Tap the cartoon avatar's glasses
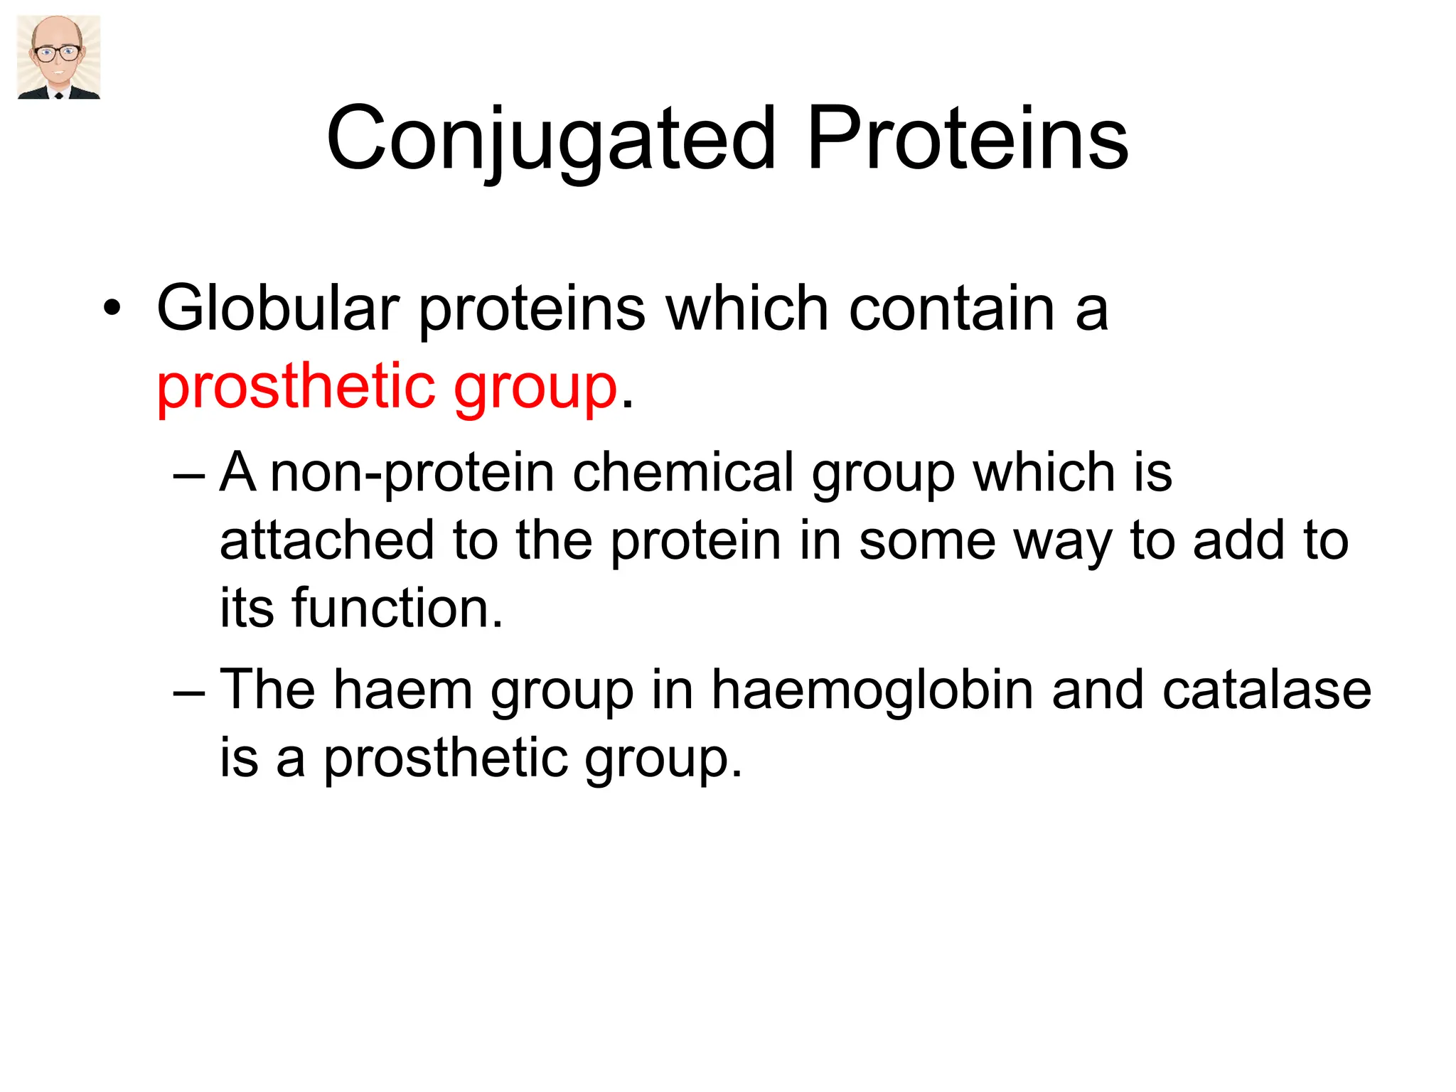point(58,53)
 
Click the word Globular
point(278,308)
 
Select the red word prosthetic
point(295,387)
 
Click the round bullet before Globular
point(112,309)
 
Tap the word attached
point(326,540)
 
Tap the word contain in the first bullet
point(953,308)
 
